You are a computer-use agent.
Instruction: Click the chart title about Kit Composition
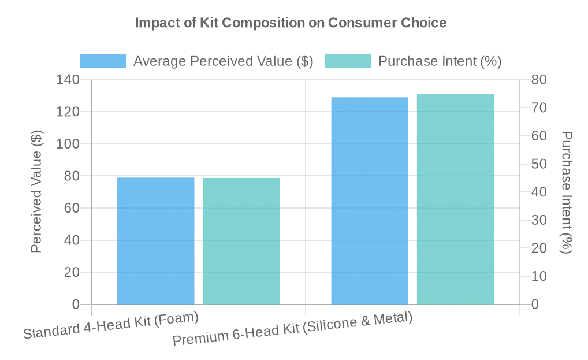tap(291, 23)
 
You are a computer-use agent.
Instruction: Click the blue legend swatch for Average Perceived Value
tap(103, 61)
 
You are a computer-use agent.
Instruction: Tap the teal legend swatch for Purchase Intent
tap(348, 61)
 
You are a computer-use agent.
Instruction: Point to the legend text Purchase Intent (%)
tap(440, 61)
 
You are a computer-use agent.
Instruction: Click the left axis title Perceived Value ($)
tap(36, 192)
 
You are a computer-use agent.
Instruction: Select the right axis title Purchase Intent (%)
tap(567, 192)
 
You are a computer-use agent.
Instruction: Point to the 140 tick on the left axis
tap(68, 80)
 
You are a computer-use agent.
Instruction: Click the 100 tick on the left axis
tap(68, 144)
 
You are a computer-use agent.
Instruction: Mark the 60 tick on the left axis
tap(72, 208)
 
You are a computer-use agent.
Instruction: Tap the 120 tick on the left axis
tap(68, 112)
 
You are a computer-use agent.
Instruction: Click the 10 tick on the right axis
tap(538, 276)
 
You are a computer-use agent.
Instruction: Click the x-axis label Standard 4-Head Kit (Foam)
tap(111, 325)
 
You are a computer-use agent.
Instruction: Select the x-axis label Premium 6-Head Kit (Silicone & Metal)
tap(292, 328)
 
